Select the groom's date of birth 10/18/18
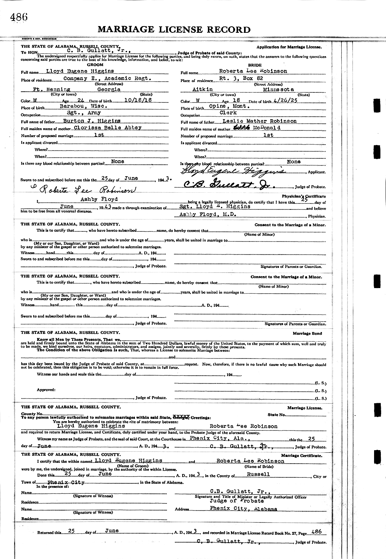[126, 101]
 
